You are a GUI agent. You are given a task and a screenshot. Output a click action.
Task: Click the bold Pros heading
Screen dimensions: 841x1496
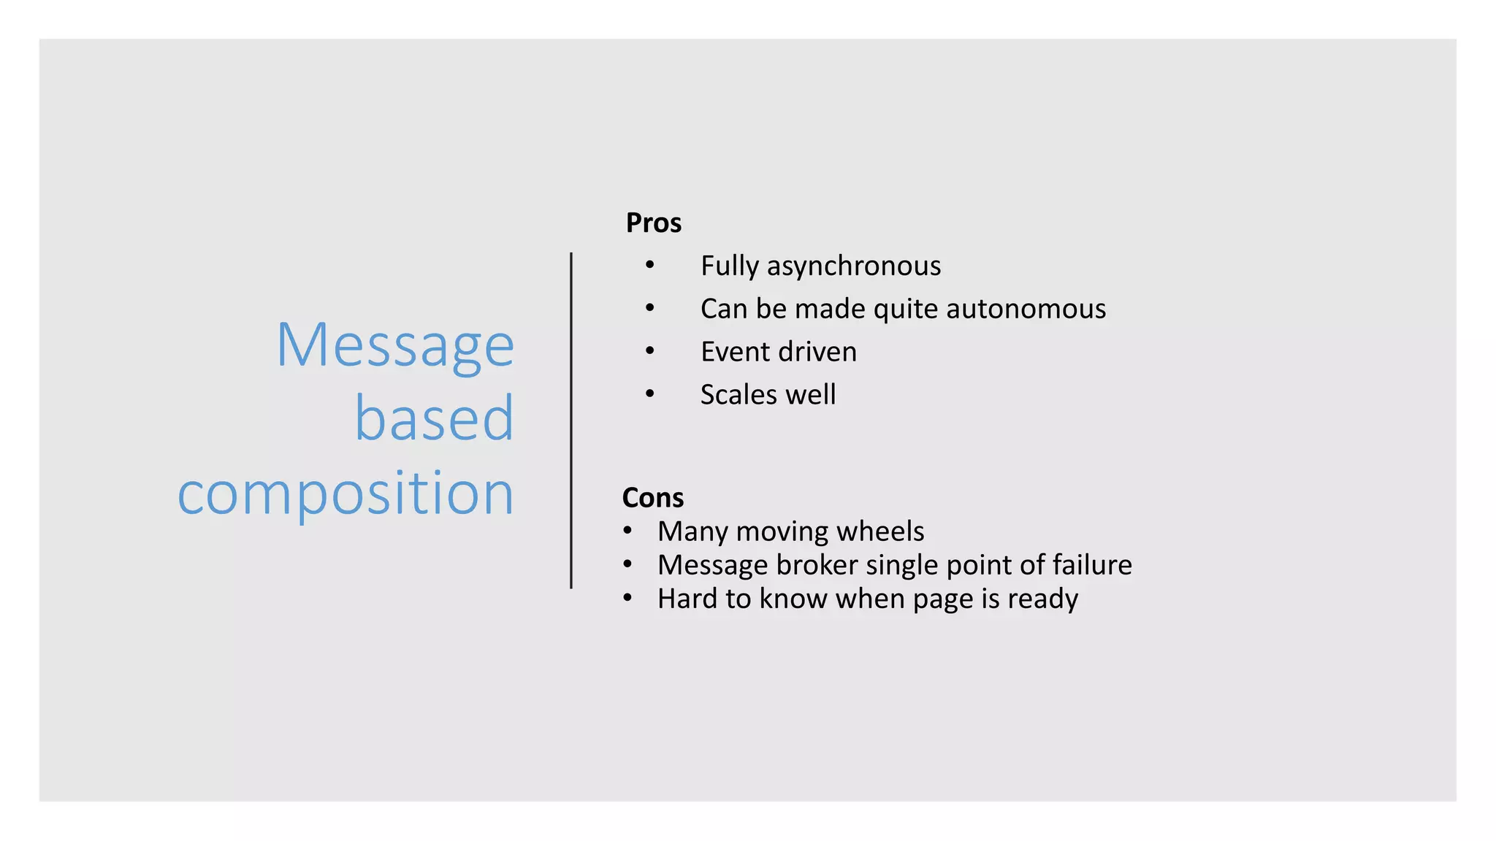click(653, 223)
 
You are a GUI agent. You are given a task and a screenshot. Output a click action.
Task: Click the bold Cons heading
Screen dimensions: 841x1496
click(652, 498)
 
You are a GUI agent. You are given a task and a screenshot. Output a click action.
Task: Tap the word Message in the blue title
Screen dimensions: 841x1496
click(395, 346)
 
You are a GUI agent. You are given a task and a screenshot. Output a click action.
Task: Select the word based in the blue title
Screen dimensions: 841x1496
click(435, 419)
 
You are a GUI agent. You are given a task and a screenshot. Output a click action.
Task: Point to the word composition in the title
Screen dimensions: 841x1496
click(346, 494)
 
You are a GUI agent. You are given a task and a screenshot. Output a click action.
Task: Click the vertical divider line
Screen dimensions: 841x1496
click(571, 420)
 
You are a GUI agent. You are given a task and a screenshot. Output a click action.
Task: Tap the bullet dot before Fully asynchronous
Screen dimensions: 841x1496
click(649, 264)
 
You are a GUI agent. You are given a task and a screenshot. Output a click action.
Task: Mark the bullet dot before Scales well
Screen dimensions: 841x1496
click(649, 393)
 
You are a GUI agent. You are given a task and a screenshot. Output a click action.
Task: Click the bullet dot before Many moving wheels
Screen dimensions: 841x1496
click(627, 531)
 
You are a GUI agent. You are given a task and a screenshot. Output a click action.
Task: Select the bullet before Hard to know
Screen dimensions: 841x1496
click(627, 598)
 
